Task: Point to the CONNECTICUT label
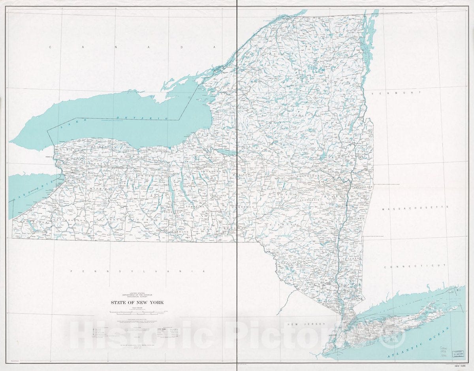click(415, 266)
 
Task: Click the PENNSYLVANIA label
click(138, 272)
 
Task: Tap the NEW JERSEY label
click(306, 324)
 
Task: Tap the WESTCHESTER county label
click(348, 299)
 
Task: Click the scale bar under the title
click(137, 312)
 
